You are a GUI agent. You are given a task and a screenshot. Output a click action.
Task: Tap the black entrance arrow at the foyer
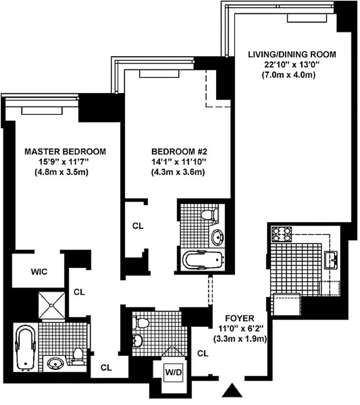point(233,390)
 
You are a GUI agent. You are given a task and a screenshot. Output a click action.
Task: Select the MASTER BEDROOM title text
point(65,151)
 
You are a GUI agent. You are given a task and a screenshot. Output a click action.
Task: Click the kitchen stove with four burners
point(283,234)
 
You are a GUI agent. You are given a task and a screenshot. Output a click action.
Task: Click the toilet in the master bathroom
point(78,356)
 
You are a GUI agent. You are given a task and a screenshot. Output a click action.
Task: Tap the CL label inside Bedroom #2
point(138,226)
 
